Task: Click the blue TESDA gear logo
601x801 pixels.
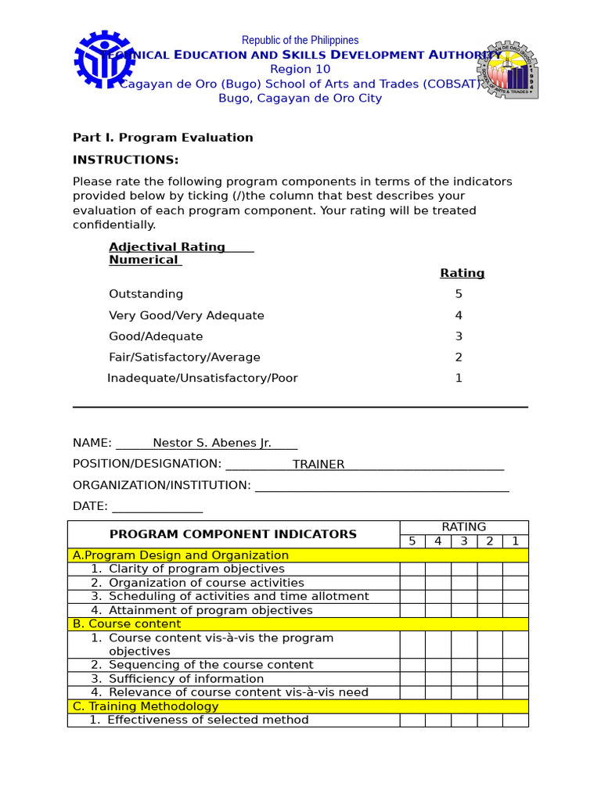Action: [x=104, y=59]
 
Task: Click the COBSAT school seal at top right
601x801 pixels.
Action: [x=508, y=70]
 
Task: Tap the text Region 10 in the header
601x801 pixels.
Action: [x=300, y=70]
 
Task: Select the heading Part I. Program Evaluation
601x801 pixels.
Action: [x=163, y=138]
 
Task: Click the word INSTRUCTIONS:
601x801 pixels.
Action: [x=125, y=160]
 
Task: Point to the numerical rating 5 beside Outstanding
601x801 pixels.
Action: [x=459, y=294]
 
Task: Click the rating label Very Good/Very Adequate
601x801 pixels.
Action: [x=186, y=315]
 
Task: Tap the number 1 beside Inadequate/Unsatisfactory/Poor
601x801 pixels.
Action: [x=459, y=378]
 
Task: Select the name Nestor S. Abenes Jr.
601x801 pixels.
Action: [x=211, y=443]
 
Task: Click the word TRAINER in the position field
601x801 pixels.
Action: [x=318, y=464]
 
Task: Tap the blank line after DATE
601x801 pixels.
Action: [x=157, y=508]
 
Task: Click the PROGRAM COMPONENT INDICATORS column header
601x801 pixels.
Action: [x=233, y=534]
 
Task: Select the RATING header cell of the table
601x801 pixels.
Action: [x=464, y=527]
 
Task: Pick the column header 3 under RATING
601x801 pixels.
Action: [x=464, y=541]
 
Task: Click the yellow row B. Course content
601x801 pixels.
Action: [x=297, y=624]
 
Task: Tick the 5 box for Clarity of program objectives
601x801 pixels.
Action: [x=412, y=569]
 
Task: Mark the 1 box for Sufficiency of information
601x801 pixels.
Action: [x=515, y=679]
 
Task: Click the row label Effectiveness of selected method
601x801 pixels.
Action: [x=208, y=720]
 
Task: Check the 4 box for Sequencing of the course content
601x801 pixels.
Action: [x=438, y=665]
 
